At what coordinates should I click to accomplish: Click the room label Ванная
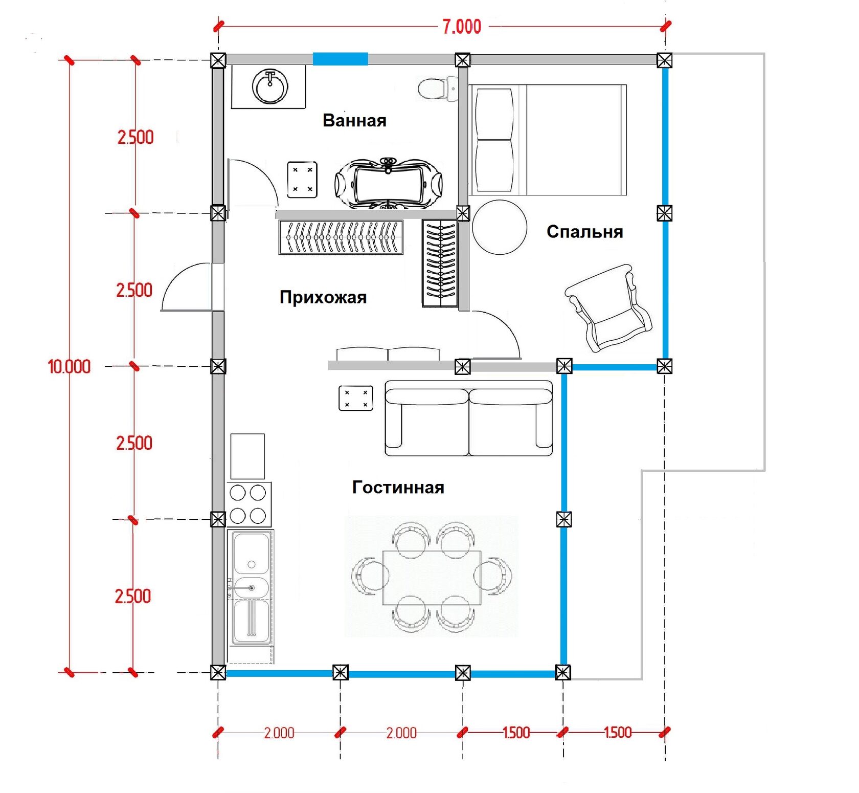[x=354, y=121]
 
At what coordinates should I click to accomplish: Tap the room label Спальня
[x=585, y=232]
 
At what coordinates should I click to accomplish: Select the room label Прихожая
[x=323, y=297]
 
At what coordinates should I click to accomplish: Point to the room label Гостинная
[x=398, y=488]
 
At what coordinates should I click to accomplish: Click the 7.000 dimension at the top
[x=462, y=27]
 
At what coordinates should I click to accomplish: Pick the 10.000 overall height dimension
[x=69, y=367]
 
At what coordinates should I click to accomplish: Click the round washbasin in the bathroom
[x=269, y=86]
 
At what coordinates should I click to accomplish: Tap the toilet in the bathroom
[x=438, y=89]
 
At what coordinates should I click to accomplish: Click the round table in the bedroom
[x=500, y=227]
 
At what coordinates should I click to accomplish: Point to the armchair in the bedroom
[x=608, y=307]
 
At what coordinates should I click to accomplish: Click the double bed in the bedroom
[x=548, y=140]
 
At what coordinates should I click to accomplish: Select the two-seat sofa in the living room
[x=468, y=418]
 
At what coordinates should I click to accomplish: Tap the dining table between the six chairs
[x=432, y=578]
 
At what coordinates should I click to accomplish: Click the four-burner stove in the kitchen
[x=248, y=504]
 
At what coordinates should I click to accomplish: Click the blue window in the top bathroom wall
[x=341, y=59]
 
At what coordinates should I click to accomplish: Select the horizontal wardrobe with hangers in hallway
[x=341, y=237]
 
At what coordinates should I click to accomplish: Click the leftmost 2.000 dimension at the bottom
[x=279, y=733]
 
